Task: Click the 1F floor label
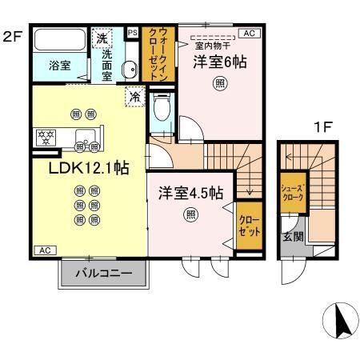coord(322,126)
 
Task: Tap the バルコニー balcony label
coord(103,274)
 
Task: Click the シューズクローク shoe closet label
coord(290,193)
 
